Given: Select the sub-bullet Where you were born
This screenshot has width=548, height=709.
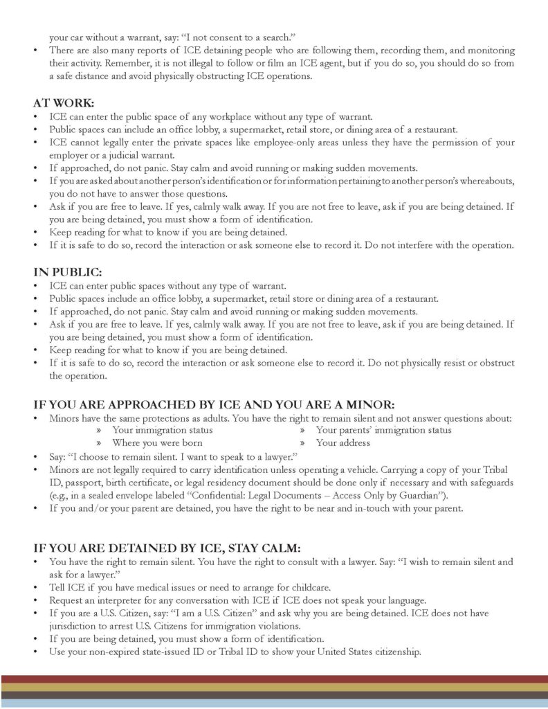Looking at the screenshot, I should tap(157, 443).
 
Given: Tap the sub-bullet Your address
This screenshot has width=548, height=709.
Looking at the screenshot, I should tap(342, 443).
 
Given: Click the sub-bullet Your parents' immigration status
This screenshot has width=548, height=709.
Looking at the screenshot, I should tap(383, 430).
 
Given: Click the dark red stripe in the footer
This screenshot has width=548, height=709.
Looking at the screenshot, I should tap(274, 679).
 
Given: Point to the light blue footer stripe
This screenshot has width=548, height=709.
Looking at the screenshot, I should tap(274, 703).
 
